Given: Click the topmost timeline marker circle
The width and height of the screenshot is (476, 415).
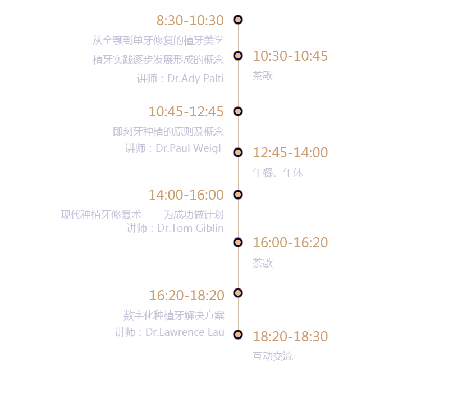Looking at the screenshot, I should [238, 20].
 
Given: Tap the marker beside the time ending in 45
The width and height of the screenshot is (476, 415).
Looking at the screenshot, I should [238, 56].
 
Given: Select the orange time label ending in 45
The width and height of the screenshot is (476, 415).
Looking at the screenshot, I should [290, 56].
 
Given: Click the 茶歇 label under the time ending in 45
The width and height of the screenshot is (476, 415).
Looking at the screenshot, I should [263, 76].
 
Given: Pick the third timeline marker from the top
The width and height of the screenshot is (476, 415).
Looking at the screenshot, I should [238, 111].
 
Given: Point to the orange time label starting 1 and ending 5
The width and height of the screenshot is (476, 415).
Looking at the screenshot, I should [186, 111].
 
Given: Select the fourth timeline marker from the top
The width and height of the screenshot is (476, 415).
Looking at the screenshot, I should [238, 152].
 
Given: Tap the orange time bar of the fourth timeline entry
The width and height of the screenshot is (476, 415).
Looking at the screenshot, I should [290, 152].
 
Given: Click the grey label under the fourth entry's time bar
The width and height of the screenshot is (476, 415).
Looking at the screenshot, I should [278, 173].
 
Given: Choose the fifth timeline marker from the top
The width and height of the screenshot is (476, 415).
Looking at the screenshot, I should [238, 195].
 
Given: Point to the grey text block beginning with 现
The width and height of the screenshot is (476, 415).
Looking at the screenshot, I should [143, 220].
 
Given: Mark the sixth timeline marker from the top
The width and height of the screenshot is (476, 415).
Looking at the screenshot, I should [238, 242].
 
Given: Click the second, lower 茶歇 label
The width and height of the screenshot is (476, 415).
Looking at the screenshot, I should [263, 263].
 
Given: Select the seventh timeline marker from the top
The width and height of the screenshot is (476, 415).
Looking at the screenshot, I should [238, 293].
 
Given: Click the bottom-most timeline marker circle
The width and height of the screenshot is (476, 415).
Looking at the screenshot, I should [238, 335].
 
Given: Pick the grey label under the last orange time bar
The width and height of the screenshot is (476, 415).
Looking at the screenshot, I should [273, 357].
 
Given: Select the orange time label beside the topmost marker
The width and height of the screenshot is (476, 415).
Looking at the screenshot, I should [190, 20].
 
